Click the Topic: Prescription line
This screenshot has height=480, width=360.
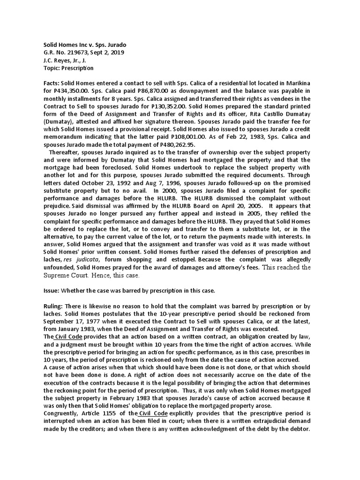tap(68, 68)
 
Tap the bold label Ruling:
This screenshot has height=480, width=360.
tap(53, 306)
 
